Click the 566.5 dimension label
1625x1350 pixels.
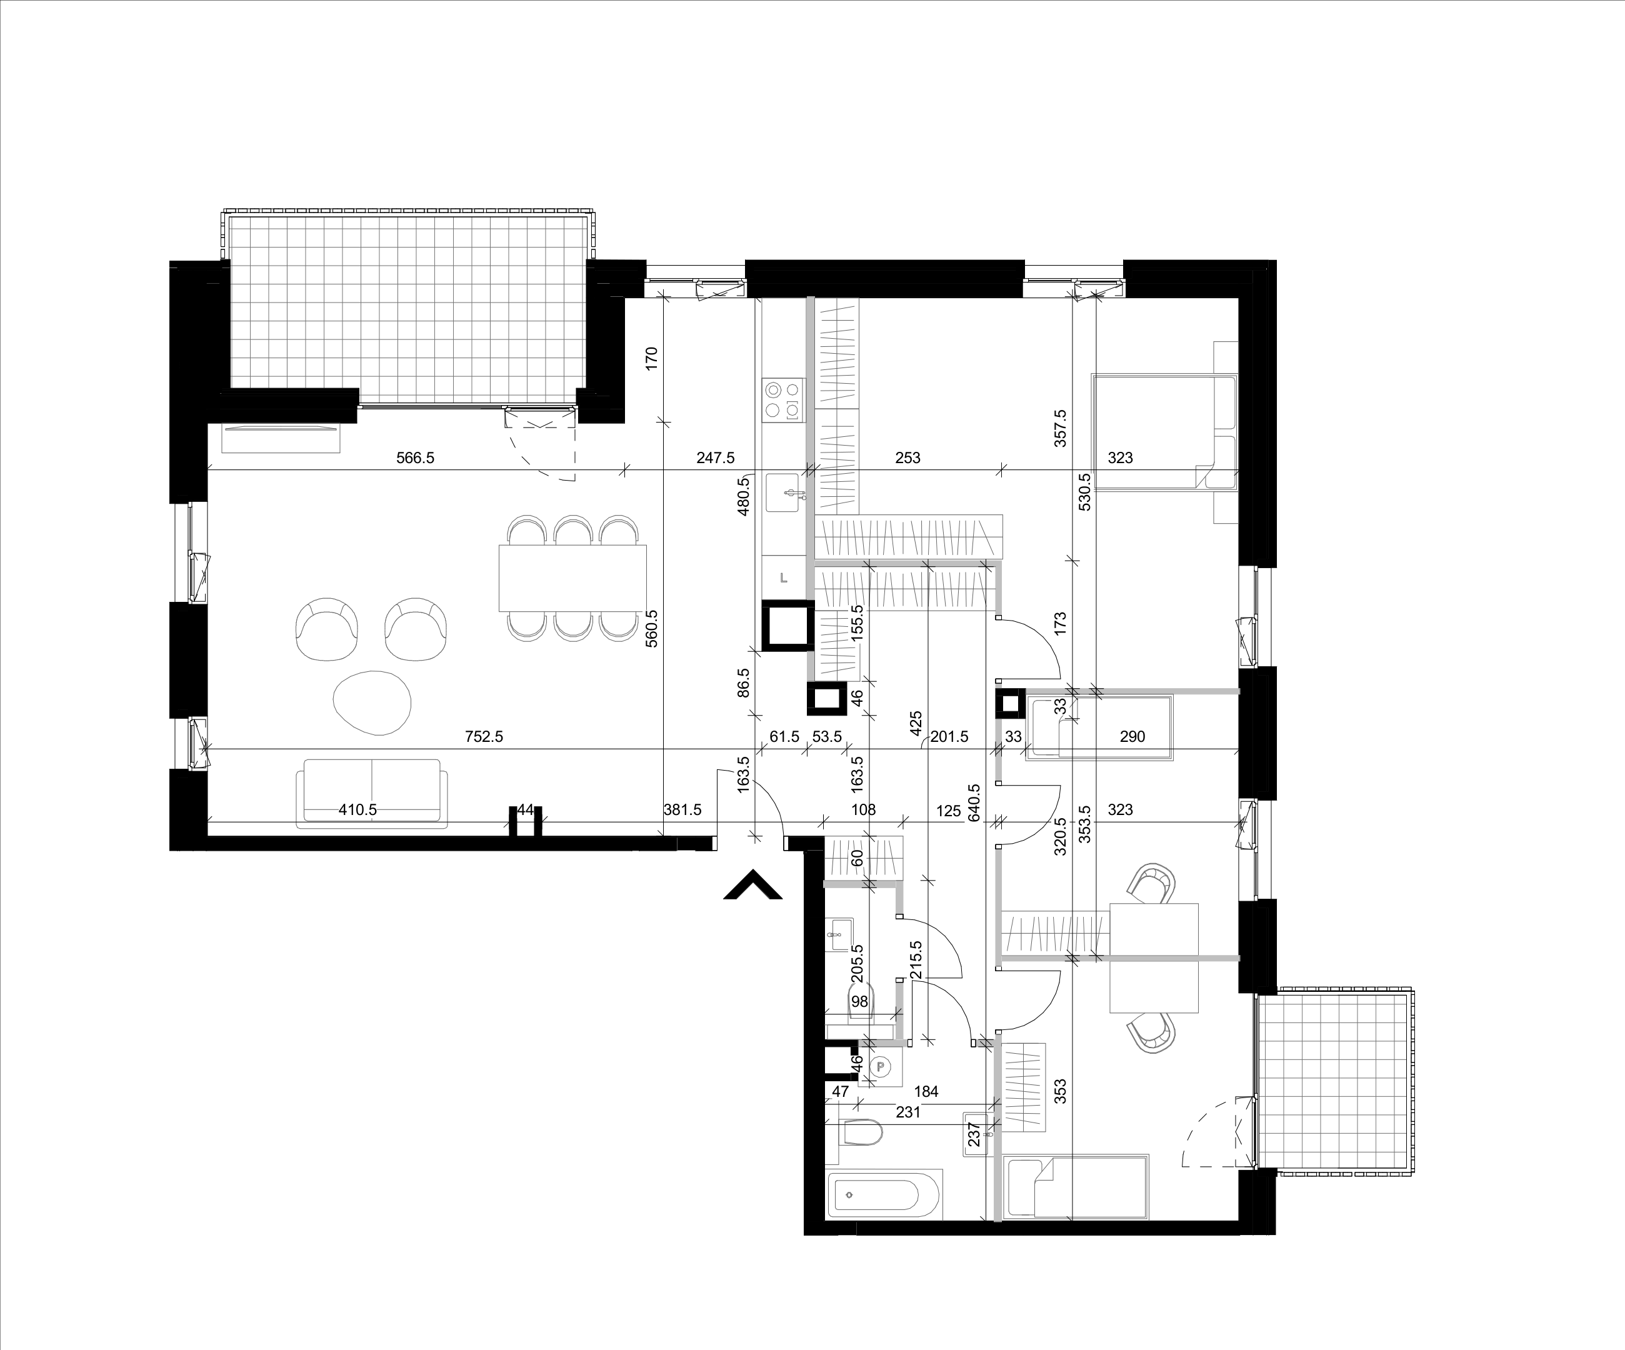tap(416, 458)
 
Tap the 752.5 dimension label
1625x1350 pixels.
tap(484, 736)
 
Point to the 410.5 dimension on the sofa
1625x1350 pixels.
tap(357, 810)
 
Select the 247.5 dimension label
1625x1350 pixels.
tap(715, 458)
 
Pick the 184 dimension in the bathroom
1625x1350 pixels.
tap(926, 1092)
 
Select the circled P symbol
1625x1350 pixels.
tap(880, 1066)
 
